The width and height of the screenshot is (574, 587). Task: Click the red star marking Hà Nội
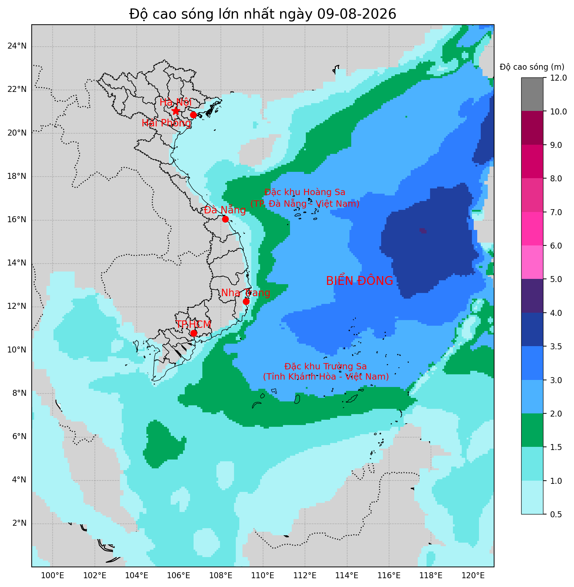pyautogui.click(x=176, y=111)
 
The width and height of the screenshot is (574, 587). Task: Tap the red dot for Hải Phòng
pyautogui.click(x=193, y=115)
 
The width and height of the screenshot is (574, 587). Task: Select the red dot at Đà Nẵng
pyautogui.click(x=225, y=219)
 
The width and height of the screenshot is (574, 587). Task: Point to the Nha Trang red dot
pyautogui.click(x=246, y=301)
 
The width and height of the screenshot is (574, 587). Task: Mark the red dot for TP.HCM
pyautogui.click(x=194, y=333)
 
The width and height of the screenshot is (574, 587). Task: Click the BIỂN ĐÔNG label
pyautogui.click(x=359, y=281)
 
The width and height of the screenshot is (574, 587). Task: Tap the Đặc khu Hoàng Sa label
pyautogui.click(x=305, y=192)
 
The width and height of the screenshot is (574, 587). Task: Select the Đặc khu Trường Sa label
pyautogui.click(x=326, y=367)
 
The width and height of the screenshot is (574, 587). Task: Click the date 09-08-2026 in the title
pyautogui.click(x=357, y=14)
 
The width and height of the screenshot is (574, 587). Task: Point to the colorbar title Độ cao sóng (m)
pyautogui.click(x=532, y=67)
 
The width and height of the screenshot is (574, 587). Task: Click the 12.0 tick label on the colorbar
pyautogui.click(x=557, y=78)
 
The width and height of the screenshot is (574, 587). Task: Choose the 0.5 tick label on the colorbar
pyautogui.click(x=555, y=514)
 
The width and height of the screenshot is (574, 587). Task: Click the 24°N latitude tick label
pyautogui.click(x=17, y=46)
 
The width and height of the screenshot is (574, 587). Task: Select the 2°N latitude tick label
pyautogui.click(x=19, y=523)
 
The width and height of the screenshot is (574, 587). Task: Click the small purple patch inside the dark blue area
pyautogui.click(x=423, y=231)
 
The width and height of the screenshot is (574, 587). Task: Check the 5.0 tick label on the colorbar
pyautogui.click(x=555, y=279)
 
